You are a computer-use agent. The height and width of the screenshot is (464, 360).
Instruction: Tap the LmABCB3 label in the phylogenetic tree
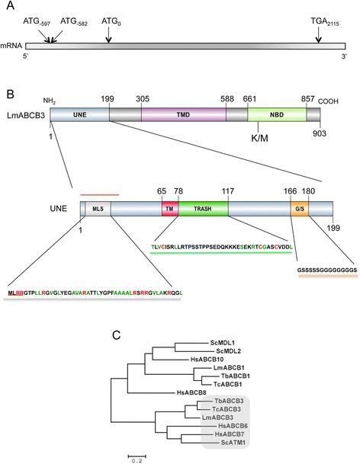[x=214, y=418]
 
